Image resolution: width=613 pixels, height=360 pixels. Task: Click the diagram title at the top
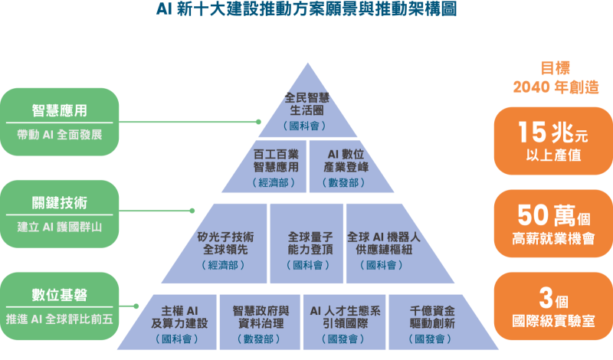306,11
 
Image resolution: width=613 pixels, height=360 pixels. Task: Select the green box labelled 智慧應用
59,122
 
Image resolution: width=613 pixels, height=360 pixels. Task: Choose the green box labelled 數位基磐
59,306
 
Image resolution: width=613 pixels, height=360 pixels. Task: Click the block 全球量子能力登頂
306,249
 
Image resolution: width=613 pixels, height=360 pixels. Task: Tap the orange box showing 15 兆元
552,141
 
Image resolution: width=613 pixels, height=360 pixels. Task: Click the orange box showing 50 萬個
552,223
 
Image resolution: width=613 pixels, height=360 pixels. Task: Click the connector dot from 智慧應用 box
259,122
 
